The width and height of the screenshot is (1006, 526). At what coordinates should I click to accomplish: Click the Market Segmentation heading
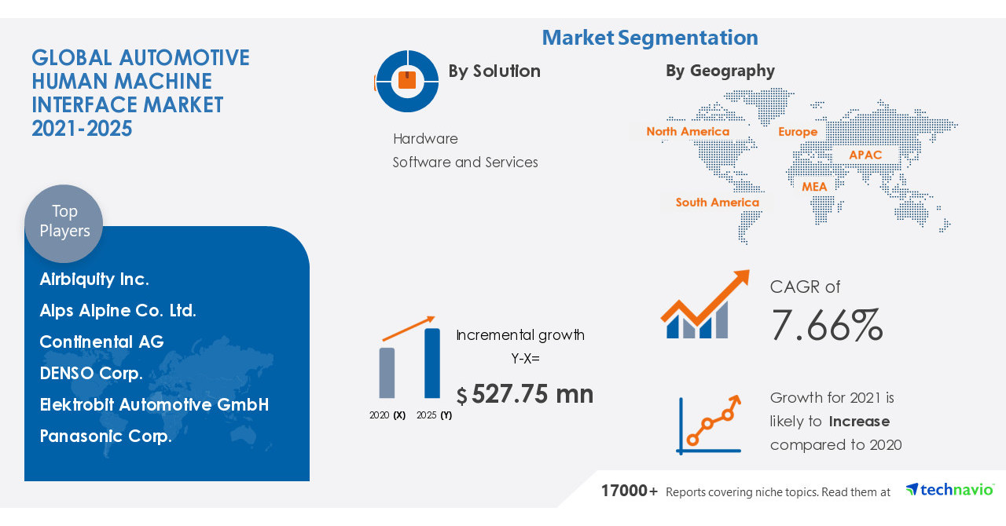coord(650,38)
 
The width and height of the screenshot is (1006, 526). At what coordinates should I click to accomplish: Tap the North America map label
coord(688,132)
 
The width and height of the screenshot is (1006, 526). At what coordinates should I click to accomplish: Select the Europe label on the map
coord(798,132)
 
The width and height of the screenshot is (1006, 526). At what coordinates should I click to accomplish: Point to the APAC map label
coord(865,155)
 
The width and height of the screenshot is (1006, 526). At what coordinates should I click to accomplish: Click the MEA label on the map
coord(814,187)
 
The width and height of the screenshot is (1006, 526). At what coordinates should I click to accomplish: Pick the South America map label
coord(718,203)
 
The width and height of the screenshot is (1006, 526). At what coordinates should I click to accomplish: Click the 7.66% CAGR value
coord(827,325)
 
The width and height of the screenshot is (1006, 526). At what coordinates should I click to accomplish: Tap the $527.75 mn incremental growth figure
coord(525,394)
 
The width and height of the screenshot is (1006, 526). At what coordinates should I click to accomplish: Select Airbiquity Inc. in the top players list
coord(94,279)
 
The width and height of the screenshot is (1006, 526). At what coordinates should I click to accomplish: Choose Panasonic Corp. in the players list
coord(106,437)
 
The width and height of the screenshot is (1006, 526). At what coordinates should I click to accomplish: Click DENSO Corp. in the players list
coord(91,374)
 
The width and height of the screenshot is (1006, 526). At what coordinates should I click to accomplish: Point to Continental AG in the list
coord(102,342)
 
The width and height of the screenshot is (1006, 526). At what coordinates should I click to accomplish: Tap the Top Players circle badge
coord(64,222)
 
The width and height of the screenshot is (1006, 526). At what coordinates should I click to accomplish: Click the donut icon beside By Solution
coord(407,81)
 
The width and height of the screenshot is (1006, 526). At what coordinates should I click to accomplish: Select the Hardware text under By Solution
coord(425,139)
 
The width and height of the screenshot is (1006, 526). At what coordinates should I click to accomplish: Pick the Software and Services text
coord(465,163)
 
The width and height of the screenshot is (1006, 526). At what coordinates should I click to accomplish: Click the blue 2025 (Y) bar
coord(432,363)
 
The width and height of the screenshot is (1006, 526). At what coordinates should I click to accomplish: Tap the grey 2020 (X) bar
coord(387,373)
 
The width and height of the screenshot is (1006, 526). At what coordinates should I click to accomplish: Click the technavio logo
coord(949,490)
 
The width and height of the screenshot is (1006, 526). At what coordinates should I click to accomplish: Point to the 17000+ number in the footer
coord(630,491)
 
